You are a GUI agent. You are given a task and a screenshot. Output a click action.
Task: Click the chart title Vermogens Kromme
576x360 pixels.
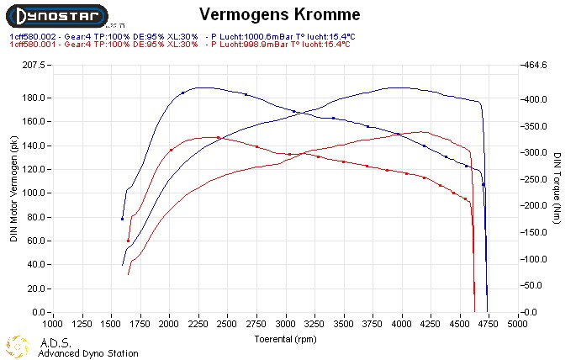[281, 14]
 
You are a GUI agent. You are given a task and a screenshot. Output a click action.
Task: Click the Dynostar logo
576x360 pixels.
[56, 15]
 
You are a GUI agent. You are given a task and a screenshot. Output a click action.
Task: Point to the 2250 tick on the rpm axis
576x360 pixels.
[198, 322]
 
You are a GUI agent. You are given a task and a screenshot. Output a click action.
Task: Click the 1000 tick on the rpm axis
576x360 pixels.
[53, 322]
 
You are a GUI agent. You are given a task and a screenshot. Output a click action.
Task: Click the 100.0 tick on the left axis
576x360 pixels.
[34, 193]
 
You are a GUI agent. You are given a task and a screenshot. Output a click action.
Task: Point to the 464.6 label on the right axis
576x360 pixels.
[535, 65]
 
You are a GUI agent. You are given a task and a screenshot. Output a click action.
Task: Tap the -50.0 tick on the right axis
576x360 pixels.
[535, 286]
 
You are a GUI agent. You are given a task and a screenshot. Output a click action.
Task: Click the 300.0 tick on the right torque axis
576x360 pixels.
[535, 152]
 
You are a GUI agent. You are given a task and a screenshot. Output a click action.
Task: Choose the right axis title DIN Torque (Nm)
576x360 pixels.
[558, 188]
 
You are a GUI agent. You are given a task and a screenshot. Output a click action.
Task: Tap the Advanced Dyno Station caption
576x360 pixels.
[87, 353]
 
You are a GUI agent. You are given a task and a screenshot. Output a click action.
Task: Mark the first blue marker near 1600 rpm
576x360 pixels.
[123, 219]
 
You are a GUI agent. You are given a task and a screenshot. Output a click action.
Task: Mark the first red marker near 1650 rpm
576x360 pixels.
[128, 241]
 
